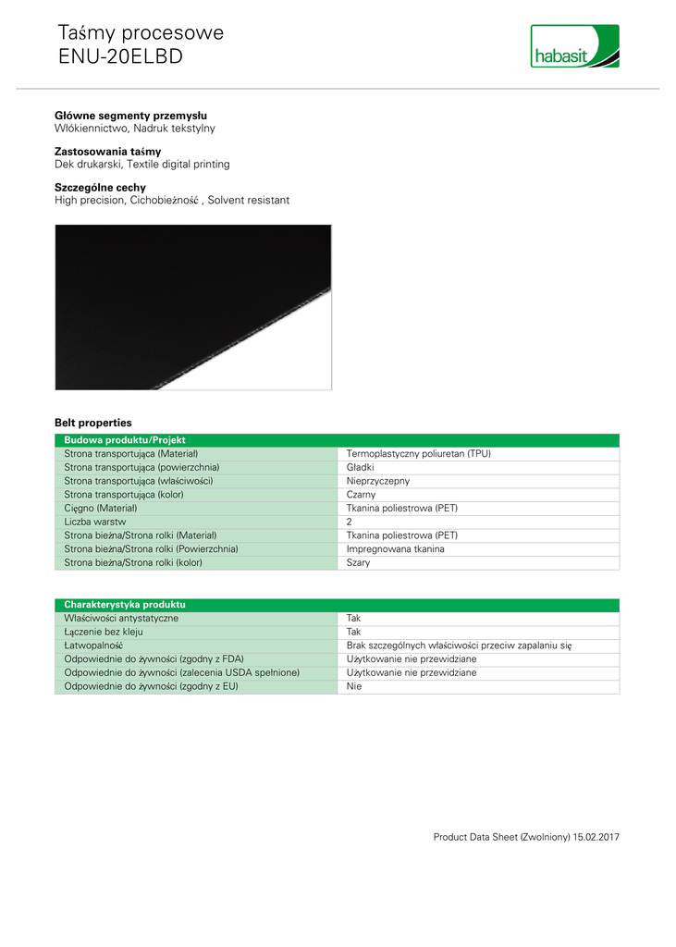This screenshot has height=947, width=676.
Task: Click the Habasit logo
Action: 574,46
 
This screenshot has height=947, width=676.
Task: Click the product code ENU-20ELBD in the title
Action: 120,56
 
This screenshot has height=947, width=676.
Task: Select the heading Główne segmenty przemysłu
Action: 130,116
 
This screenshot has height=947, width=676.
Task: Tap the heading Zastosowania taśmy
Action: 107,152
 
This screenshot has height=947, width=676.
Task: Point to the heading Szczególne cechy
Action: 100,188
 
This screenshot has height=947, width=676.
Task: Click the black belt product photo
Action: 192,306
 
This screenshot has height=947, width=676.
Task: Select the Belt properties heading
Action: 92,423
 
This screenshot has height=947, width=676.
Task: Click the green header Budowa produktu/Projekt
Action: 126,441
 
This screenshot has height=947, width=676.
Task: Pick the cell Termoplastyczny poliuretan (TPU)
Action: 418,454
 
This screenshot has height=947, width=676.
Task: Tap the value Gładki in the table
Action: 360,468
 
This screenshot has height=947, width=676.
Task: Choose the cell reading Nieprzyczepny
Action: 377,481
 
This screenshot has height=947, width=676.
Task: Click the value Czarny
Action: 361,495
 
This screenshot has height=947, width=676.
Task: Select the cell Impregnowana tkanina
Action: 395,548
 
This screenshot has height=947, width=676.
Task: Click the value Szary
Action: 358,562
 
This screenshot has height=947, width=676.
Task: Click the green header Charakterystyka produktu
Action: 124,605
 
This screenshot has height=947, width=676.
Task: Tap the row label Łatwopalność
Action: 93,646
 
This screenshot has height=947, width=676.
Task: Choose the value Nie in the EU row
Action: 353,686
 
